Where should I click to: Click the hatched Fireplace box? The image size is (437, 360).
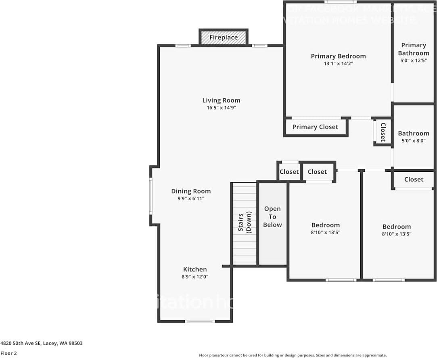click(224, 37)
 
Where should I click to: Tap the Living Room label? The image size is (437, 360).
click(221, 100)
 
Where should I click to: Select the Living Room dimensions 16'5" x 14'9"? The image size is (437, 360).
click(221, 108)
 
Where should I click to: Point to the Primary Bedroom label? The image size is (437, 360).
click(338, 56)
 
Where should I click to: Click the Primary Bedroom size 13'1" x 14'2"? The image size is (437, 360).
click(338, 63)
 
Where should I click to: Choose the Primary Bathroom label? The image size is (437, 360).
click(414, 49)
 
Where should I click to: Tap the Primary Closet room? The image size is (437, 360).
click(315, 127)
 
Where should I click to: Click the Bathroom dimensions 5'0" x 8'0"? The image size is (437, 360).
click(414, 141)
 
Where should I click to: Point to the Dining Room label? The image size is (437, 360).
click(191, 191)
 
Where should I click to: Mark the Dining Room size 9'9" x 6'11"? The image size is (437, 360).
click(191, 198)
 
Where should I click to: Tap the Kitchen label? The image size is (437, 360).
click(195, 269)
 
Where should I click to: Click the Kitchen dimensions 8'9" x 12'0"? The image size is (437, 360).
click(195, 277)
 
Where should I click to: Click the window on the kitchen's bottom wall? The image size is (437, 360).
click(200, 321)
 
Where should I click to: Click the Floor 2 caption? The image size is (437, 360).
click(8, 353)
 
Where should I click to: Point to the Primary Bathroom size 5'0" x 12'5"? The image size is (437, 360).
click(414, 60)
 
